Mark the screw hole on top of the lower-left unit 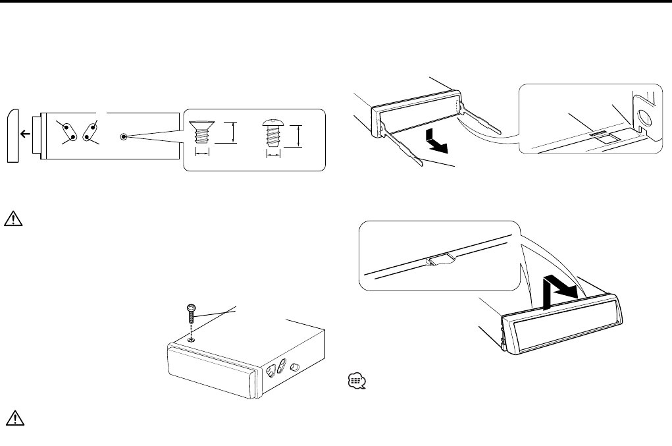(190, 340)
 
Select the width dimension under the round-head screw (272, 155)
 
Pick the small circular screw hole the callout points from (124, 137)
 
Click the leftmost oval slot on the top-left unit (69, 132)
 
